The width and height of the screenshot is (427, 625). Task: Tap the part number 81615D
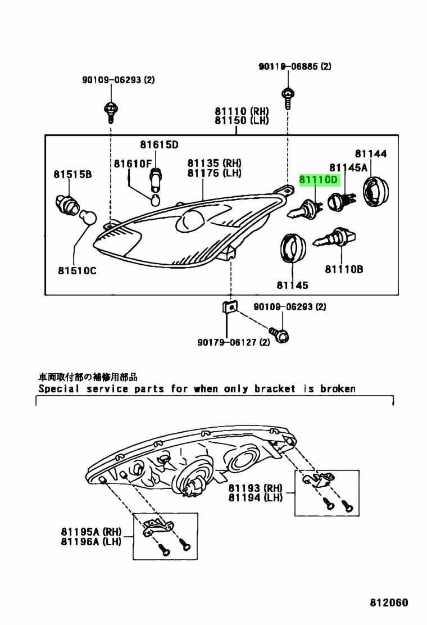(x=159, y=145)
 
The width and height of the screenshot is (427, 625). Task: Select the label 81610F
(x=133, y=164)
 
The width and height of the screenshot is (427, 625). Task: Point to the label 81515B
(x=72, y=175)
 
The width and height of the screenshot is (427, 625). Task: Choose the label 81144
(x=370, y=153)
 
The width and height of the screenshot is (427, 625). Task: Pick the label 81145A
(x=348, y=167)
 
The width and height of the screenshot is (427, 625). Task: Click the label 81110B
(x=344, y=269)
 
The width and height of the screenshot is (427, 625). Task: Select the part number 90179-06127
(x=226, y=342)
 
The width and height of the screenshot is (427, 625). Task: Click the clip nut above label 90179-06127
(x=229, y=307)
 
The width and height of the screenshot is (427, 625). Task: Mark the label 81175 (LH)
(x=215, y=173)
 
